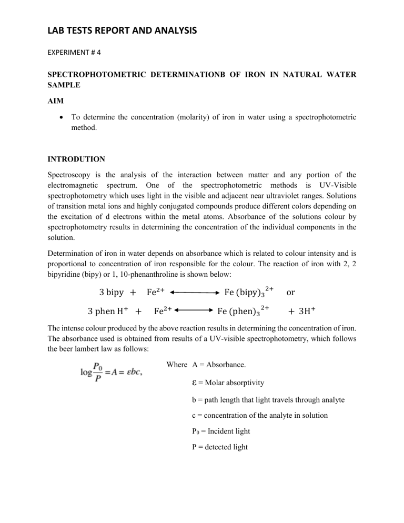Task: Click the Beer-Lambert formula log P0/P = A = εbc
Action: click(x=113, y=372)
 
